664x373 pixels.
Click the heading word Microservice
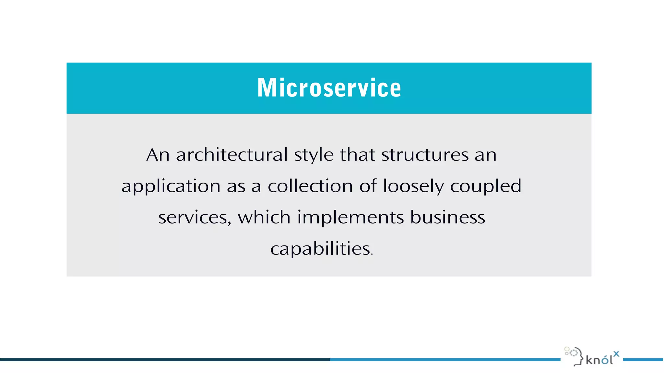329,88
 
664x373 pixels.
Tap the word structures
425,155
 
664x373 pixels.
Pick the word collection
310,186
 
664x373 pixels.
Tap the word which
264,217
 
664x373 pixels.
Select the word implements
350,218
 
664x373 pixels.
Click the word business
448,217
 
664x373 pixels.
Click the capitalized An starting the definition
158,155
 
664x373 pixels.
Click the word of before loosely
368,186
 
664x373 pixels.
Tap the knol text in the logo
599,360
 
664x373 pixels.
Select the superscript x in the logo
616,354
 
